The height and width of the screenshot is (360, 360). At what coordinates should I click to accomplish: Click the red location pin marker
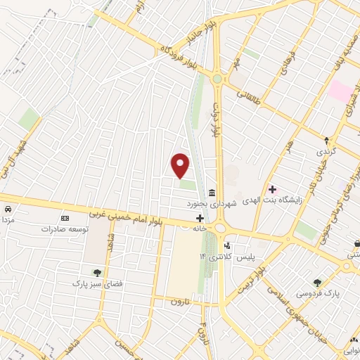tap(181, 165)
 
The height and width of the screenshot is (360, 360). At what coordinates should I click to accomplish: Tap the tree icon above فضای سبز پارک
tap(97, 272)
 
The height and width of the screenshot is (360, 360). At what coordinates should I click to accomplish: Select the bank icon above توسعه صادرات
tap(65, 218)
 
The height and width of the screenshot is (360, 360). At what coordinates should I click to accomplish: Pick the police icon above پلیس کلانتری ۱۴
tap(226, 245)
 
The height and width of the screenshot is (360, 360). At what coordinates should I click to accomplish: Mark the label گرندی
tap(326, 152)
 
